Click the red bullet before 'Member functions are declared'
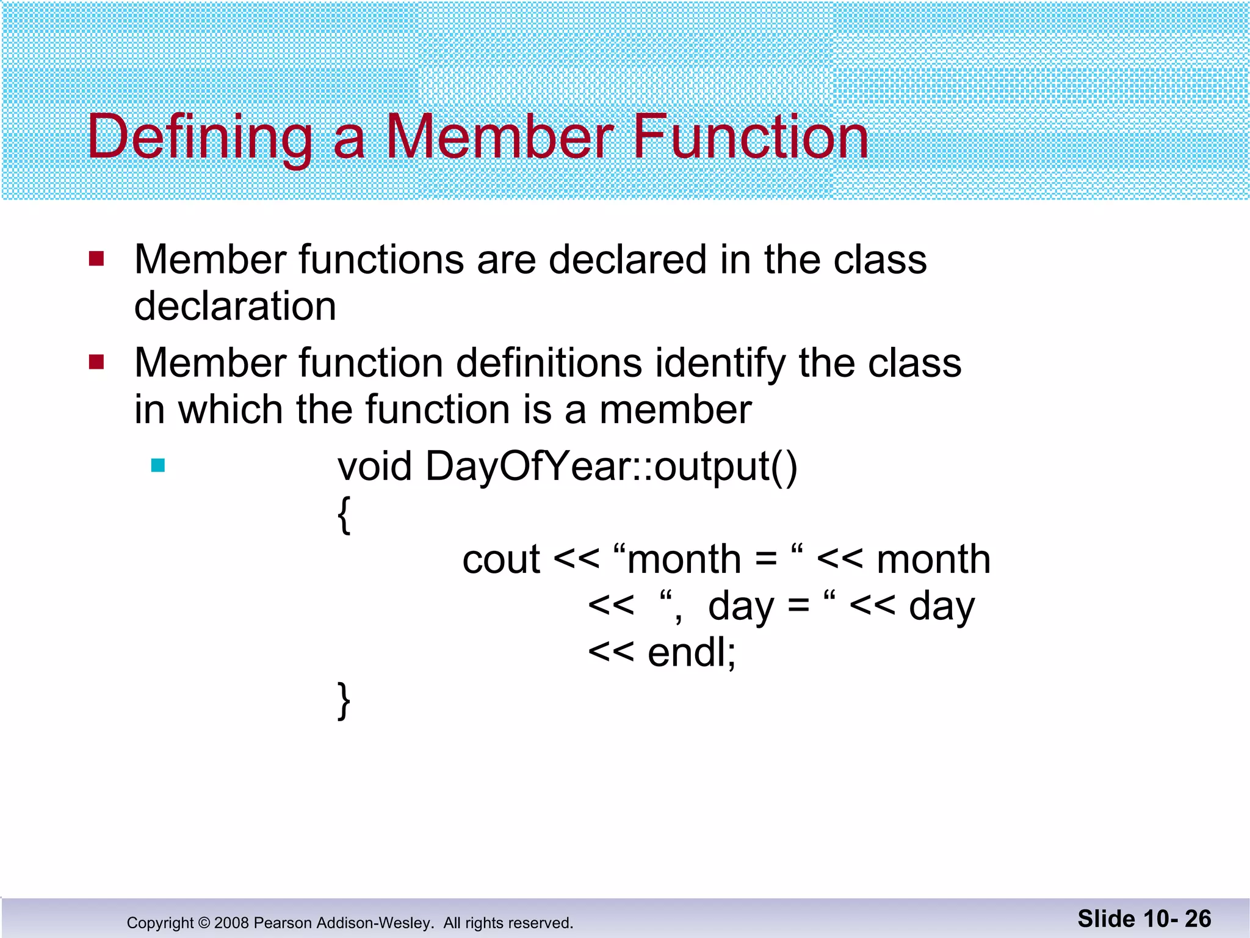96,259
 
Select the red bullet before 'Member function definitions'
96,362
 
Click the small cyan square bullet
158,466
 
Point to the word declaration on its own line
235,306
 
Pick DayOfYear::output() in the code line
611,467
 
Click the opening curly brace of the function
344,515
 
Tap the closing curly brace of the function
344,700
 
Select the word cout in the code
501,559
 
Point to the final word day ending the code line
941,607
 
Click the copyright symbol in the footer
204,923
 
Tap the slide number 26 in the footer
1198,919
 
